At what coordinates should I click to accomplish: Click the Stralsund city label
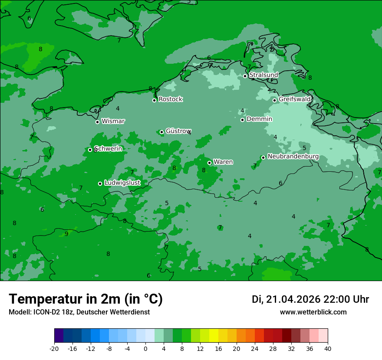pyautogui.click(x=263, y=75)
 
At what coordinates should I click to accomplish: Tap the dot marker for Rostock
pyautogui.click(x=154, y=100)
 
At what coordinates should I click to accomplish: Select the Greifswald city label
pyautogui.click(x=295, y=99)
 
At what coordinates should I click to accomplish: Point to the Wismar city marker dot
pyautogui.click(x=97, y=122)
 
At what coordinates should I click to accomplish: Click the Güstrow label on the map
pyautogui.click(x=178, y=131)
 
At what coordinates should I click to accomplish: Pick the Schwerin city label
pyautogui.click(x=108, y=149)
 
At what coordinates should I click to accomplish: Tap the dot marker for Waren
pyautogui.click(x=209, y=163)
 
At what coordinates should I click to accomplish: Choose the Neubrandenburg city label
pyautogui.click(x=293, y=157)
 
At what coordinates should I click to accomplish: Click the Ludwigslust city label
pyautogui.click(x=122, y=183)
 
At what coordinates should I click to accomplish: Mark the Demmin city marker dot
pyautogui.click(x=242, y=120)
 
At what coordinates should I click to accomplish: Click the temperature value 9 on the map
pyautogui.click(x=66, y=234)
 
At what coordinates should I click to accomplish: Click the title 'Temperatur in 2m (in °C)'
pyautogui.click(x=86, y=299)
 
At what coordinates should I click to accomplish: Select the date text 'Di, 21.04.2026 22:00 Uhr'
pyautogui.click(x=310, y=299)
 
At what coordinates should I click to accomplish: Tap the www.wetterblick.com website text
pyautogui.click(x=313, y=312)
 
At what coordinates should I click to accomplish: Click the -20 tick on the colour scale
pyautogui.click(x=54, y=348)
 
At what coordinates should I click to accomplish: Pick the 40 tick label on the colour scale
pyautogui.click(x=327, y=348)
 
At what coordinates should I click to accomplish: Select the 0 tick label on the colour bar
pyautogui.click(x=145, y=348)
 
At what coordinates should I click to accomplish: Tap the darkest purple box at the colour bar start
pyautogui.click(x=59, y=336)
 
